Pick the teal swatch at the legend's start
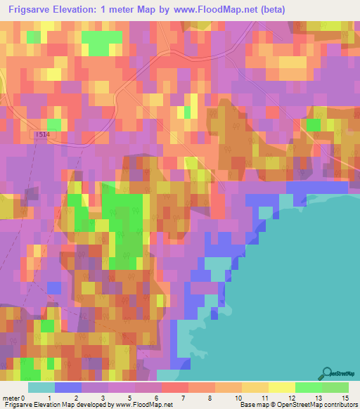(41, 387)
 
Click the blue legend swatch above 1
(68, 387)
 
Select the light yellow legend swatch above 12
(281, 387)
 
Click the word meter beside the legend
(10, 398)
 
